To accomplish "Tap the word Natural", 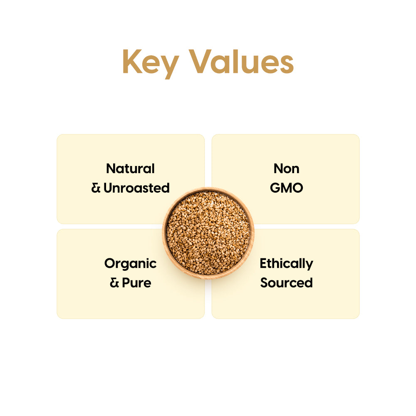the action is point(130,168).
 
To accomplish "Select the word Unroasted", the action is point(136,188).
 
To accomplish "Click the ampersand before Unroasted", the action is point(96,188).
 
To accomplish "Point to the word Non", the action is point(286,168).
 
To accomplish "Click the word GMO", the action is point(286,188).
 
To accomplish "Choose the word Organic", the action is point(130,264).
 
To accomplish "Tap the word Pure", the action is point(136,283).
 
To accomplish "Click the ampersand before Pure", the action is point(114,283).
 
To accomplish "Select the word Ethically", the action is point(286,264).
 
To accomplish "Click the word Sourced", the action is point(286,283).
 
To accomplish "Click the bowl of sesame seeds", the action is point(208,233).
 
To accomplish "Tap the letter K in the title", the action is point(132,62).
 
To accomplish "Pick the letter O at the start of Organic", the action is point(110,263).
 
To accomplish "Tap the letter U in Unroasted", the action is point(108,188).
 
